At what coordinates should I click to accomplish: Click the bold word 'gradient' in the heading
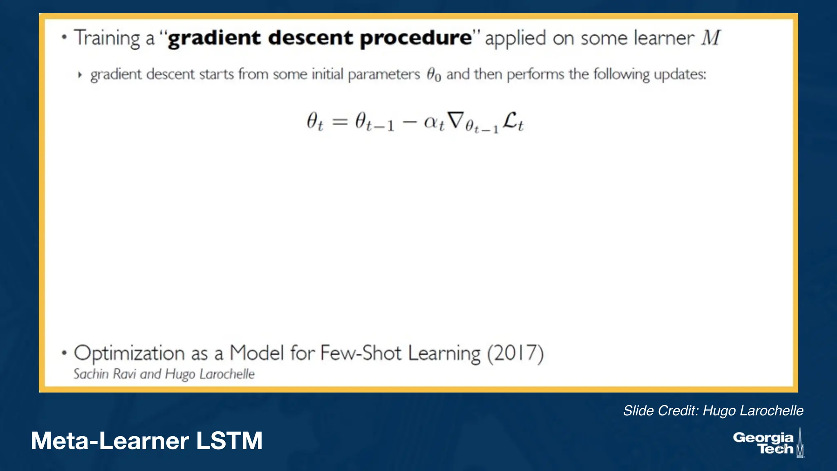point(214,38)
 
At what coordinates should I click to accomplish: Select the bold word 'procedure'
point(416,38)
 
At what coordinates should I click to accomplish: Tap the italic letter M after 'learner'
point(711,38)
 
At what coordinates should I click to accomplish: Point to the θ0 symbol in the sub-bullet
point(434,75)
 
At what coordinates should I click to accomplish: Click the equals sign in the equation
point(340,121)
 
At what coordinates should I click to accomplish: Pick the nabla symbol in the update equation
point(456,121)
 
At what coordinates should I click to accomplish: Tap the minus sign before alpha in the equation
point(409,122)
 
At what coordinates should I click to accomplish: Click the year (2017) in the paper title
point(515,353)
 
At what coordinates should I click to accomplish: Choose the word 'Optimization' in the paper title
point(129,353)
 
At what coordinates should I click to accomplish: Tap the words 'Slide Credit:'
point(660,410)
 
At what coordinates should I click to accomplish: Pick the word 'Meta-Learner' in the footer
point(110,441)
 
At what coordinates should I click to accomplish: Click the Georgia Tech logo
point(768,443)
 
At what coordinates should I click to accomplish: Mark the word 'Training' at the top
point(107,38)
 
